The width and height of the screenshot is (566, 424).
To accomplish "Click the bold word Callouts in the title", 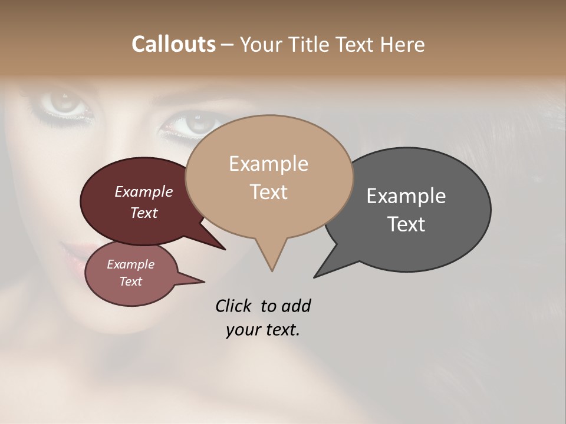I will click(173, 44).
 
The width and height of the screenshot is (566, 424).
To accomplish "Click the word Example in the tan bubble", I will click(268, 164).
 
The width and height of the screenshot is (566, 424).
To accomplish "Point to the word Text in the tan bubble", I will click(268, 192).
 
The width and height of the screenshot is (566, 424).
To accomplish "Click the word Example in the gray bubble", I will click(406, 196).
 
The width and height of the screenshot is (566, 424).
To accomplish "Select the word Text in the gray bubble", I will click(406, 224).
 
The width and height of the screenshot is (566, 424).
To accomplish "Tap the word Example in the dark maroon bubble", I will click(143, 191).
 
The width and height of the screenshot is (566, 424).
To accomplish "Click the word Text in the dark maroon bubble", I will click(143, 213).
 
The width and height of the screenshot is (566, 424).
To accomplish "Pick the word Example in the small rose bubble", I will click(130, 264).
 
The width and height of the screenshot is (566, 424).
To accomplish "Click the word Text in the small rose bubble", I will click(130, 281).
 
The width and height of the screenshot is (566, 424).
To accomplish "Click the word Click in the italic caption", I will click(234, 306).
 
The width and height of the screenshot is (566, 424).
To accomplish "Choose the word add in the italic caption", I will click(295, 306).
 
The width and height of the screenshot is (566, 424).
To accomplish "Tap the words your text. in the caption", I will click(262, 330).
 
